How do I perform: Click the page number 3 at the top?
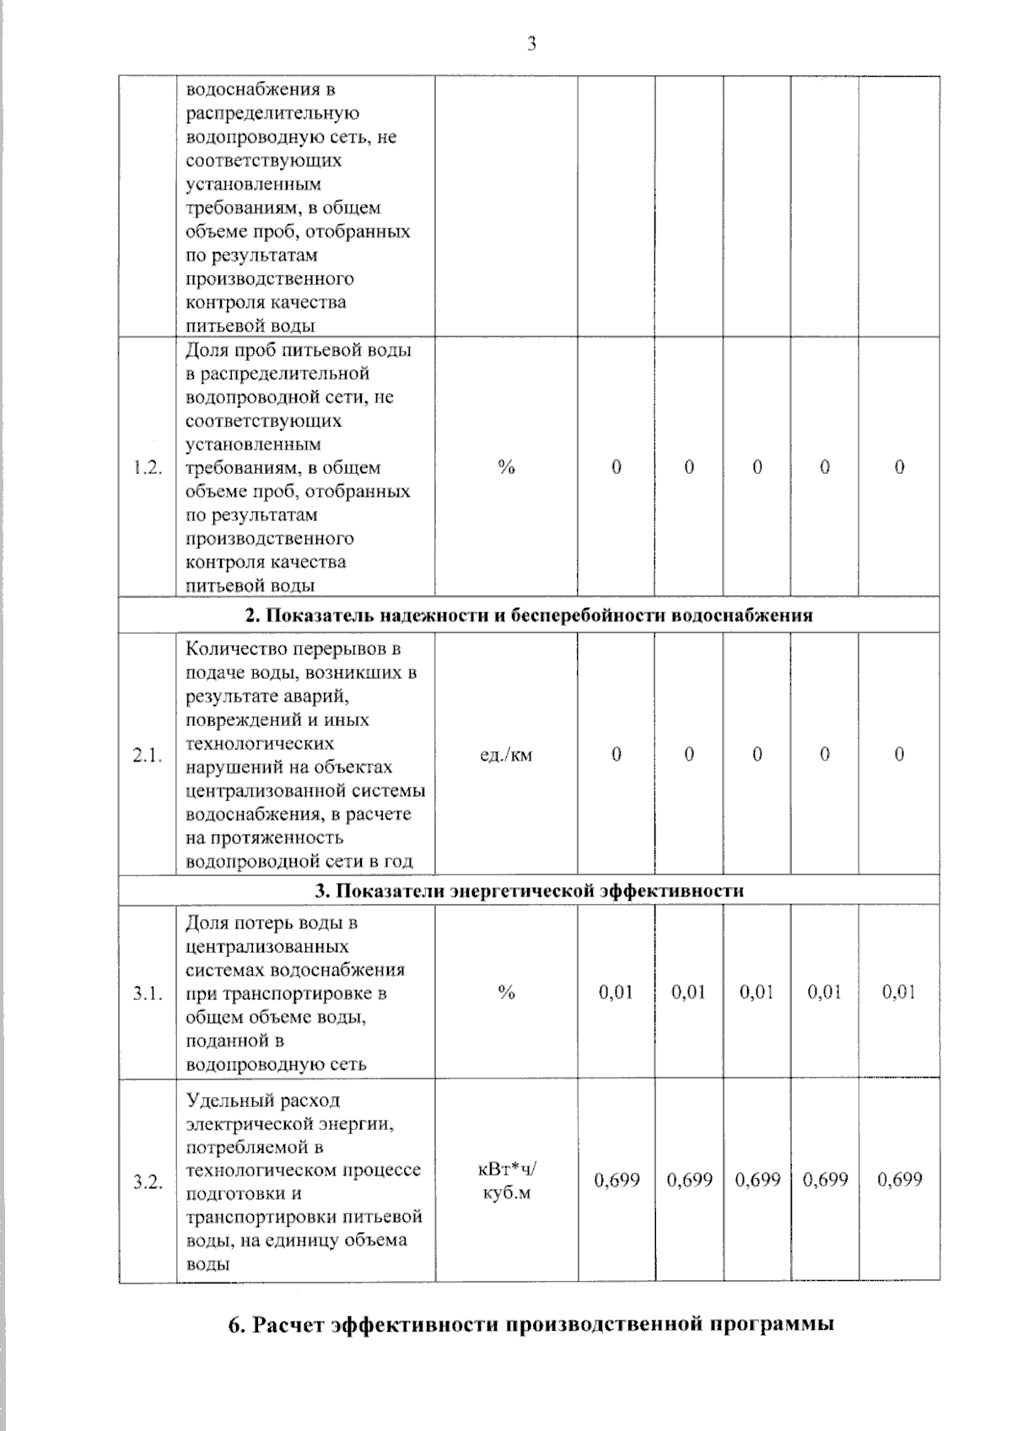531,45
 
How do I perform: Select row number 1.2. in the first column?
148,468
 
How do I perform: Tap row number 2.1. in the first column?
148,756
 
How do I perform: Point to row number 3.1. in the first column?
148,993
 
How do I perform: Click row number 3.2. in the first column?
148,1181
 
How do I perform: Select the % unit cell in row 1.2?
506,467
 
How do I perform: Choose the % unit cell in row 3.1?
506,993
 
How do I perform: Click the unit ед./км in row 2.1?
506,755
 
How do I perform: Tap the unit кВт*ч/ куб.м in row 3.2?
506,1181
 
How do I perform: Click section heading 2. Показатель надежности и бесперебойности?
529,615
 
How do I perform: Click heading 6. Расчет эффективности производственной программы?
531,1324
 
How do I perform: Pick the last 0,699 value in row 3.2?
899,1180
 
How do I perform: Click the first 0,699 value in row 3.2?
616,1180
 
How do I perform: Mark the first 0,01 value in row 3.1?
616,993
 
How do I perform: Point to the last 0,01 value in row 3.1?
899,993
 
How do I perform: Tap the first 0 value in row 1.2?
616,467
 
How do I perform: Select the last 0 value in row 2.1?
899,755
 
